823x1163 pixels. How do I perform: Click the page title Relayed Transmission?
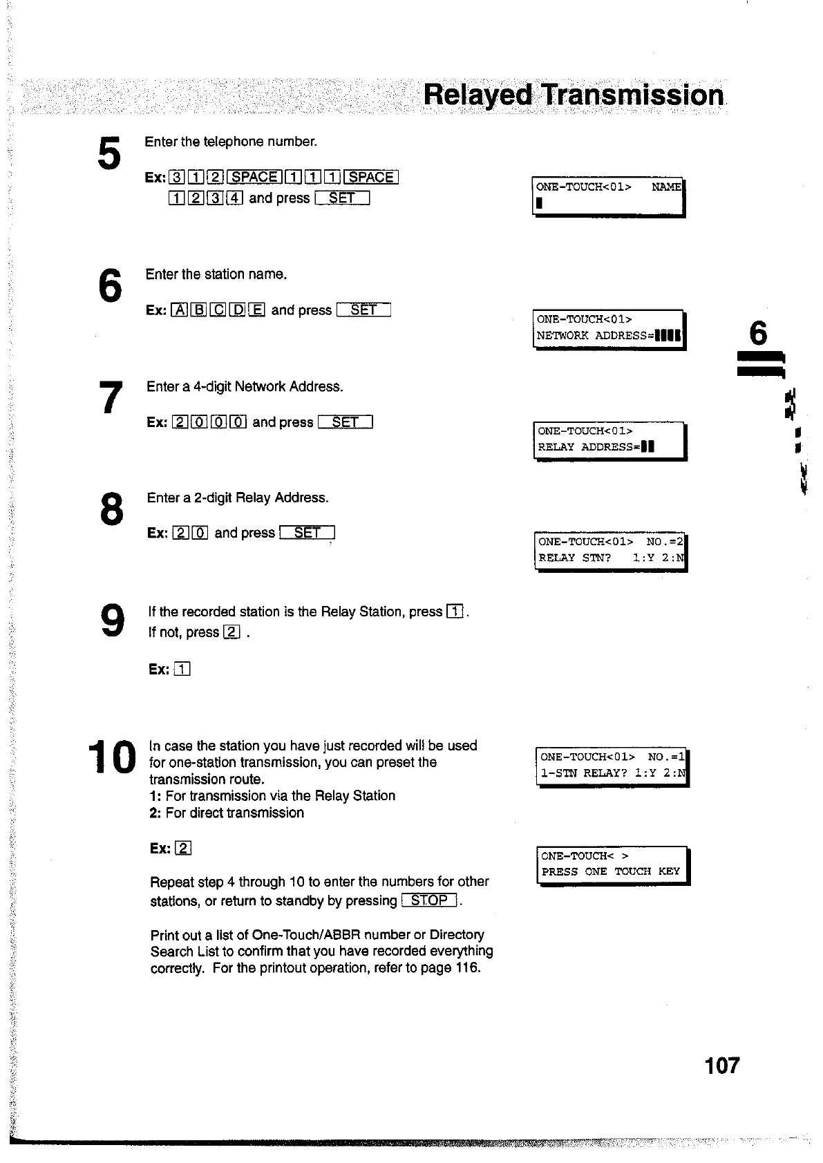574,95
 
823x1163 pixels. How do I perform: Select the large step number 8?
111,509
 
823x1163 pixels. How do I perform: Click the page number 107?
722,1065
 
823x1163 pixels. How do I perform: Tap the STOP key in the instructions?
429,900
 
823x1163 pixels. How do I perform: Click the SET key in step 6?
363,310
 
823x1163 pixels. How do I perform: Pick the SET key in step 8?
307,533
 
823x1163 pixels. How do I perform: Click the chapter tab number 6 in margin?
758,334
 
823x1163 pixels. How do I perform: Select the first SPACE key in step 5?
254,177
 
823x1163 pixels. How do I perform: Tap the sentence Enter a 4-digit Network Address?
245,386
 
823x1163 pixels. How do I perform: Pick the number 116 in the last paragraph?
466,967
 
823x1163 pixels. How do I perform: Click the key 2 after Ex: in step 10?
183,849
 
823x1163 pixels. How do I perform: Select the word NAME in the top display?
666,187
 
